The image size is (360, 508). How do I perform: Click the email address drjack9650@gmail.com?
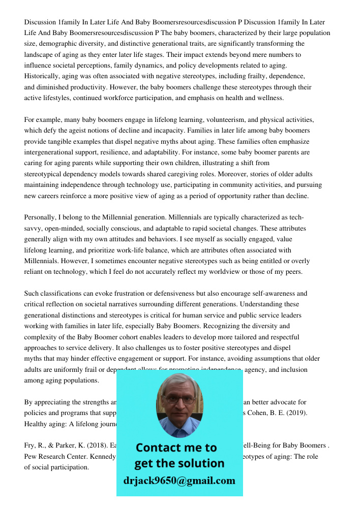(x=179, y=481)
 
